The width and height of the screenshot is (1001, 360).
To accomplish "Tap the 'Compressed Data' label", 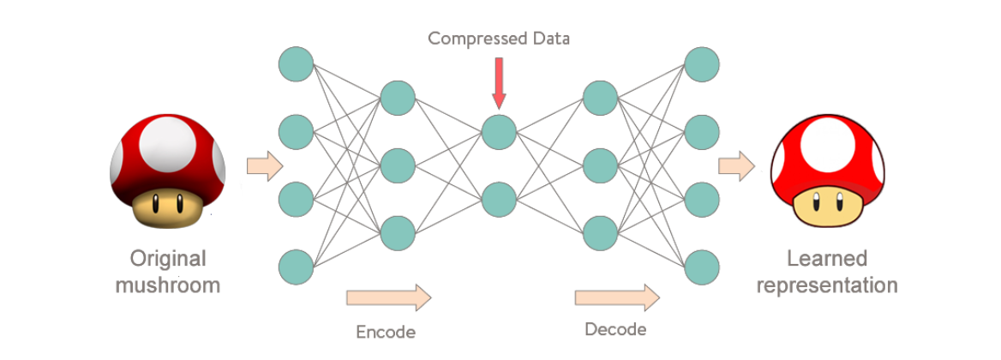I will [499, 39].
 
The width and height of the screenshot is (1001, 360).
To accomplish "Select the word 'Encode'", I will [386, 332].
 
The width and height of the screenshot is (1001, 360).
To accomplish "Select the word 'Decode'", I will [615, 330].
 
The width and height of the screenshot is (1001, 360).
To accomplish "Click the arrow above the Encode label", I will [388, 297].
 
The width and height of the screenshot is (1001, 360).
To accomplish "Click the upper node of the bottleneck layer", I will [499, 132].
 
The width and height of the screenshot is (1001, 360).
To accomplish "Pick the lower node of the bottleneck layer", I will [499, 199].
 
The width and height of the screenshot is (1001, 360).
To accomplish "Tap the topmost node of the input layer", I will [297, 64].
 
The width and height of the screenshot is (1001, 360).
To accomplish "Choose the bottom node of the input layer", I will [297, 266].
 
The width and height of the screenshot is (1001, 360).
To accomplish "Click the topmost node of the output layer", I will [702, 64].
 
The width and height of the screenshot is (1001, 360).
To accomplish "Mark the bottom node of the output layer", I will [702, 266].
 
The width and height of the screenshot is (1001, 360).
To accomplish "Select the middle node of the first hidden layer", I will [398, 165].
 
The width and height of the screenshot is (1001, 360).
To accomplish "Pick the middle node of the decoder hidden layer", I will [600, 165].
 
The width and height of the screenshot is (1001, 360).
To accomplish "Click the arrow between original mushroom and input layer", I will [264, 165].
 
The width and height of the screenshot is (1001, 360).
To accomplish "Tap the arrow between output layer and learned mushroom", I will [735, 165].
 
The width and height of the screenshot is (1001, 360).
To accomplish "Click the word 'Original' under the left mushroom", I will [168, 259].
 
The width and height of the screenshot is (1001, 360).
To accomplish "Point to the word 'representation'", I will [827, 285].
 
